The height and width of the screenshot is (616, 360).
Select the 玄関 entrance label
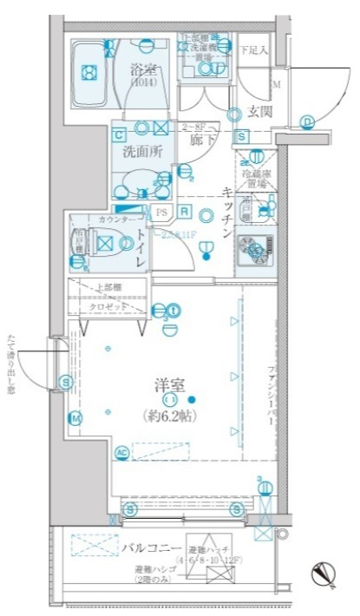[x=259, y=111]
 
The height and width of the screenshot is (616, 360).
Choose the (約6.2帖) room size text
[x=171, y=414]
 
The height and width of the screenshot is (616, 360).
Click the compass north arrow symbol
[x=324, y=573]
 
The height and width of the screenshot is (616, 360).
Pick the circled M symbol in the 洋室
[x=75, y=419]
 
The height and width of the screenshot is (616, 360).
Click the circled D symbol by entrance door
[x=306, y=121]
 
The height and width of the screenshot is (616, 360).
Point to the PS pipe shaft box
[x=160, y=211]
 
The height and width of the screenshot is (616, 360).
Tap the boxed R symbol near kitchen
[x=185, y=211]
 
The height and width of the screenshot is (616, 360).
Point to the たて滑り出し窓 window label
[x=10, y=364]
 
